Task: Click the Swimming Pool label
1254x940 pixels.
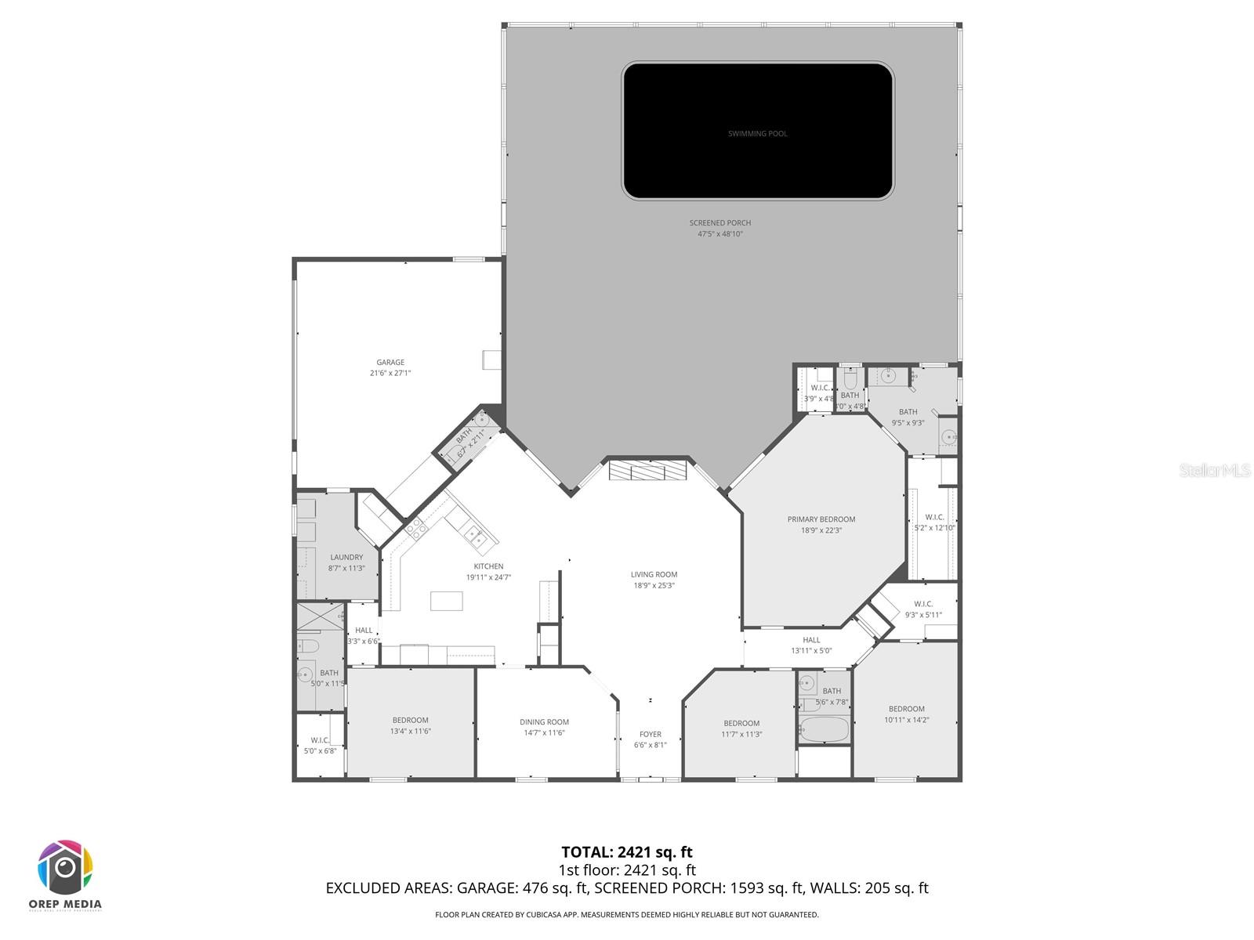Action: (x=757, y=134)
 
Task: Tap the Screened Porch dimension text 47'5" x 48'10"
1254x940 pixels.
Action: (x=719, y=234)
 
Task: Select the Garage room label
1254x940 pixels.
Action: (x=390, y=363)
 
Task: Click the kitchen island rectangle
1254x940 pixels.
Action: (x=446, y=601)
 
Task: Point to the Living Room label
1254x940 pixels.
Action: (x=654, y=575)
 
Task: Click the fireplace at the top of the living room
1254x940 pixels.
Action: (x=648, y=470)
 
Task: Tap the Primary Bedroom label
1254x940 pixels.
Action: (x=821, y=519)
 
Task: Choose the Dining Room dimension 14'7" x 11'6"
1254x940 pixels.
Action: (x=544, y=733)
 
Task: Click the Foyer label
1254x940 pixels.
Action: (x=650, y=735)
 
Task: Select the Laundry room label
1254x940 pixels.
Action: (x=346, y=558)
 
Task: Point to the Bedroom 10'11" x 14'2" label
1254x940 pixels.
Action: (x=906, y=709)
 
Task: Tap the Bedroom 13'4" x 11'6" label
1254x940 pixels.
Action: (x=411, y=721)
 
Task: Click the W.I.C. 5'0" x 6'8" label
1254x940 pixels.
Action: (x=320, y=740)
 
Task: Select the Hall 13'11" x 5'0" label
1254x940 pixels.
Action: (x=811, y=640)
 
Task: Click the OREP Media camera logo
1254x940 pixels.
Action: (x=66, y=868)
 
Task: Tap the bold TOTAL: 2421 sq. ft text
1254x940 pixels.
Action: (x=626, y=852)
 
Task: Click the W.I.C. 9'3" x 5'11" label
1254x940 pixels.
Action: (x=923, y=604)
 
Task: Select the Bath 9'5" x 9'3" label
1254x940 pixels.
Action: (x=908, y=412)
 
